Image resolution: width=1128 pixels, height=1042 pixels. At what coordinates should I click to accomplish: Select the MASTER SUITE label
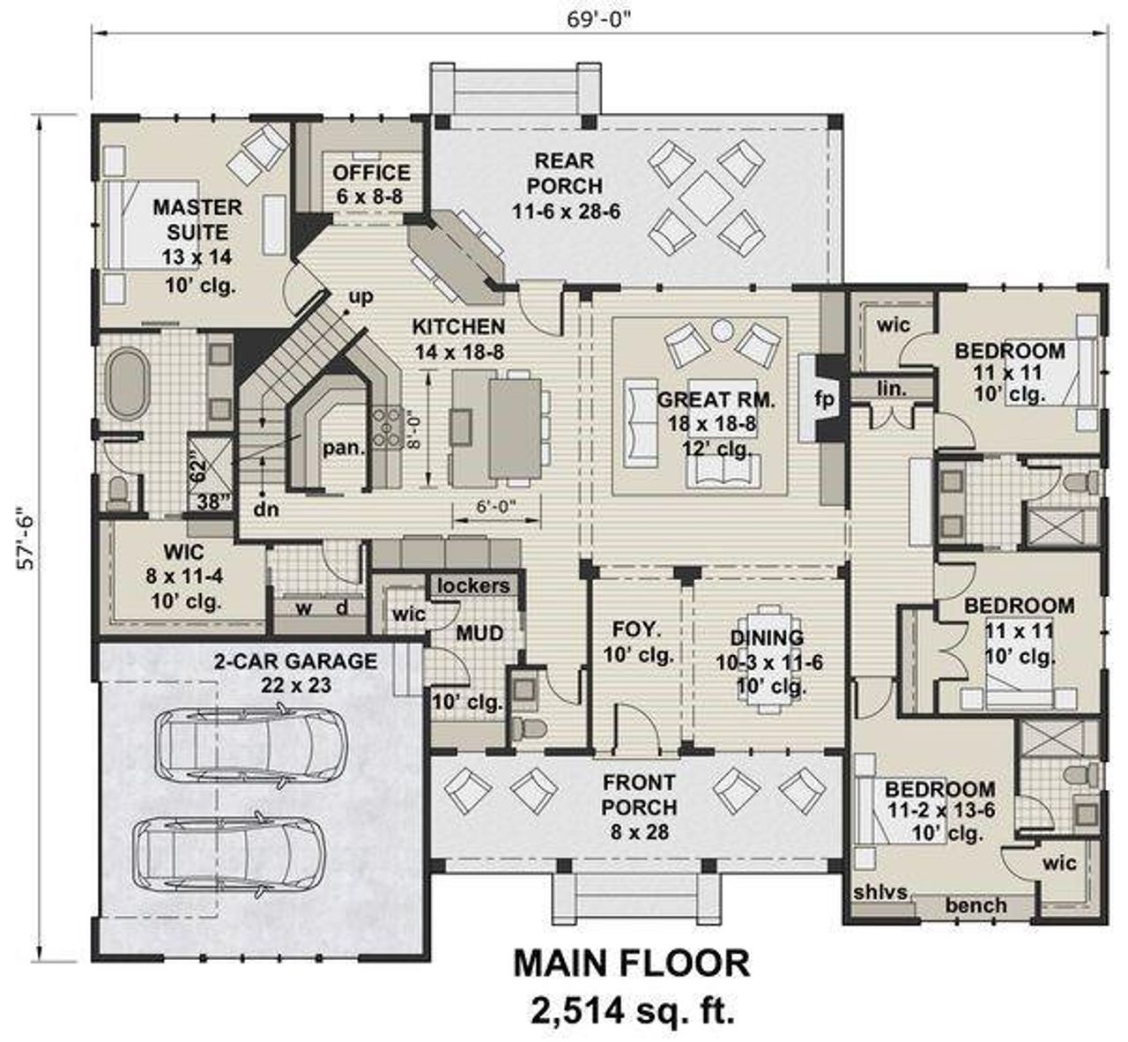click(197, 220)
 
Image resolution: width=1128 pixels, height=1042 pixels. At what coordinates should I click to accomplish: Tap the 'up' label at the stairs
click(360, 297)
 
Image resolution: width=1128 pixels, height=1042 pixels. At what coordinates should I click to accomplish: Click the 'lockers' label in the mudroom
click(473, 585)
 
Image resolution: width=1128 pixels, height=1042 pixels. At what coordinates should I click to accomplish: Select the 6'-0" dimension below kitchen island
click(484, 507)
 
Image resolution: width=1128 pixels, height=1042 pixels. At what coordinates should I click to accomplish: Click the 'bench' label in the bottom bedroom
click(976, 905)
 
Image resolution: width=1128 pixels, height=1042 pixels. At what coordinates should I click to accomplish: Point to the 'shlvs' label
click(879, 891)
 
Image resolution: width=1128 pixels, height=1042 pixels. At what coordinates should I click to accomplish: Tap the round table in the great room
click(723, 331)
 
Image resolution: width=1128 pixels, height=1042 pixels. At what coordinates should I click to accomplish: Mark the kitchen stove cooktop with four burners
click(386, 426)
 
